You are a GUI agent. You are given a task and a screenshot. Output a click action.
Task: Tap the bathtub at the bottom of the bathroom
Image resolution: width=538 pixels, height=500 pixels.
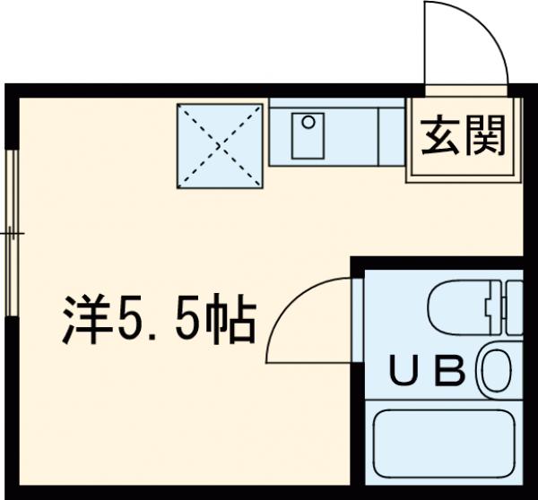[x=445, y=448]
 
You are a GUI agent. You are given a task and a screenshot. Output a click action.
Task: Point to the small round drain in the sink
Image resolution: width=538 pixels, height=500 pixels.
[x=308, y=120]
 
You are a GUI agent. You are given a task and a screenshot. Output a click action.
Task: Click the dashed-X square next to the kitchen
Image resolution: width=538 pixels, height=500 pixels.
[x=221, y=146]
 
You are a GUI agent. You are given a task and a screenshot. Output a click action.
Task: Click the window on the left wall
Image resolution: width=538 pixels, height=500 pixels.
[x=12, y=233]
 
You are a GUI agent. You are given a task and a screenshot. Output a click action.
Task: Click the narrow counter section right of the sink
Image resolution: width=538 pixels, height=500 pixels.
[x=391, y=134]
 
